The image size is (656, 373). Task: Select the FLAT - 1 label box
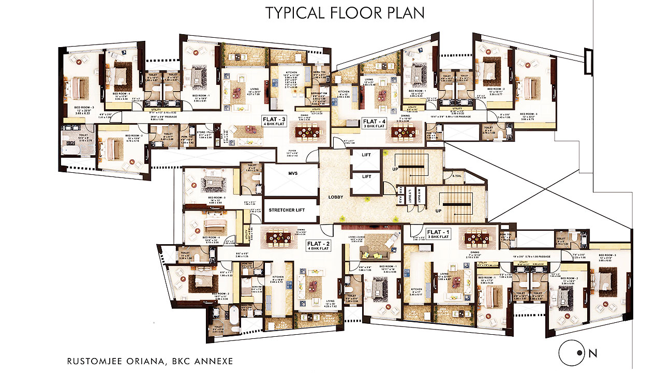[438, 233]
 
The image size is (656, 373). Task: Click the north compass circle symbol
[571, 354]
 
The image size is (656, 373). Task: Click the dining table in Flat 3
[307, 133]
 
